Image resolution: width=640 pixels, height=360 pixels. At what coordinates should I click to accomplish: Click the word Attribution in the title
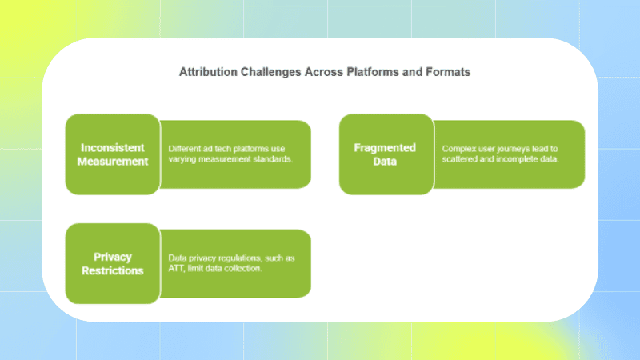point(203,72)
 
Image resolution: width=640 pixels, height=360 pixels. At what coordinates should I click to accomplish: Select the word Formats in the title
point(447,72)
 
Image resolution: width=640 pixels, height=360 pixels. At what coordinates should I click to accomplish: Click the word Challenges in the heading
point(269,72)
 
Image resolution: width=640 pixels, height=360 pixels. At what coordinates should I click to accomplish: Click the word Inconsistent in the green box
point(112,147)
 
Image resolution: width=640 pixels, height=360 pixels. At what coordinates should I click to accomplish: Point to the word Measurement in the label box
point(112,162)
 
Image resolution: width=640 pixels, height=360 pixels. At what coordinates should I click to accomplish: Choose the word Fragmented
point(386,147)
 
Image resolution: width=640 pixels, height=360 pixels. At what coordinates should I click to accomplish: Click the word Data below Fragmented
point(386,162)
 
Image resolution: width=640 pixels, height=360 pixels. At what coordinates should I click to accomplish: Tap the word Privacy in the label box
point(112,257)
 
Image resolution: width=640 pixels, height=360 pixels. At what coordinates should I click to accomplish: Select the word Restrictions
point(112,270)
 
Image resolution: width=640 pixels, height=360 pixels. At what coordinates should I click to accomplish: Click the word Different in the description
point(184,149)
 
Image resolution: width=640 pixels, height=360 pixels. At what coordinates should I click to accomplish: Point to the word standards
point(271,159)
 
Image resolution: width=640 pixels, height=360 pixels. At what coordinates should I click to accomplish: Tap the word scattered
point(459,159)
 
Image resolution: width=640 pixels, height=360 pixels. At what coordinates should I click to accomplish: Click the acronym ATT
point(177,268)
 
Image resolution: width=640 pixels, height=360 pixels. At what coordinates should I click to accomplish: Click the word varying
point(183,159)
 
